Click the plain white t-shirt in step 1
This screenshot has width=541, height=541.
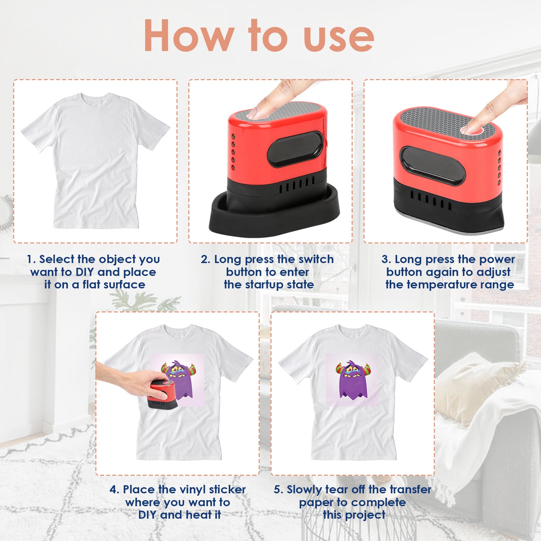(95, 165)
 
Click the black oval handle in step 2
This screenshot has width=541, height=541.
(295, 149)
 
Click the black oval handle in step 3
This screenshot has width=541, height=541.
(432, 165)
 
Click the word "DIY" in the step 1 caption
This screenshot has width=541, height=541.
(85, 272)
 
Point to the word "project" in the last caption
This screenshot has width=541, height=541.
(365, 515)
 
